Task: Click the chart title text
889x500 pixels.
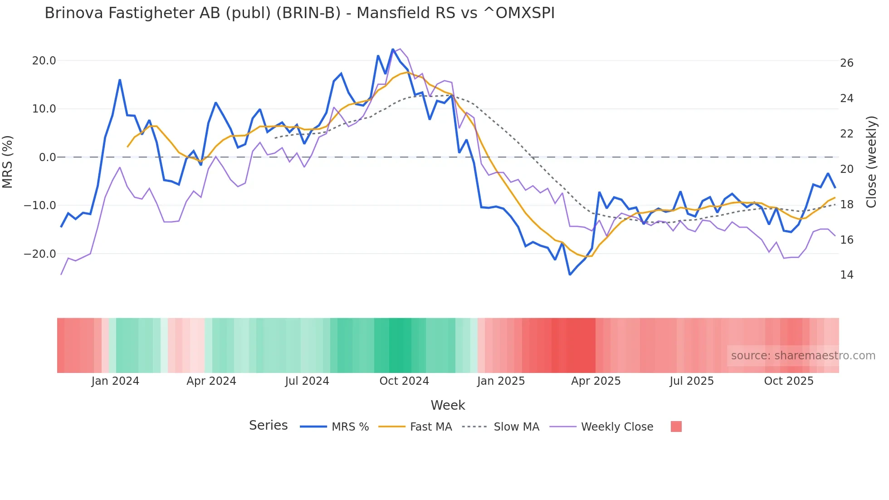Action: click(x=299, y=13)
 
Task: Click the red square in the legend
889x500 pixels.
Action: click(x=676, y=426)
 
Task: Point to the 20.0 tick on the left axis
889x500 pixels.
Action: click(x=44, y=61)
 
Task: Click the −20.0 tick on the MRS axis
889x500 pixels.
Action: click(x=40, y=254)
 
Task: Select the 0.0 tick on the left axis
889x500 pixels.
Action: click(x=47, y=157)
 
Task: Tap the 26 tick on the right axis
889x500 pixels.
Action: click(x=846, y=63)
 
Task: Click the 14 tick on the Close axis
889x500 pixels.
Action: click(x=846, y=275)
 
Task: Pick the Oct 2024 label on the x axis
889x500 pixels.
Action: click(x=404, y=381)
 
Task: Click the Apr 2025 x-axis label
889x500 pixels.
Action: click(x=596, y=381)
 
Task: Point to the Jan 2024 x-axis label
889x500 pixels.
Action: click(x=115, y=381)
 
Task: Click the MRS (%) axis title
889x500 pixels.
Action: click(x=8, y=162)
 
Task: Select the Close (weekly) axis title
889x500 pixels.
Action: click(x=871, y=162)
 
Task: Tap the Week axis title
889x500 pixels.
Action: click(x=448, y=405)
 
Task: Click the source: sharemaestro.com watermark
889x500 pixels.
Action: click(x=803, y=356)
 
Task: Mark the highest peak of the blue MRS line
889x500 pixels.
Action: click(x=393, y=49)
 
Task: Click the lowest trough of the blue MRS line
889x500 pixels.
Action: click(x=570, y=275)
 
